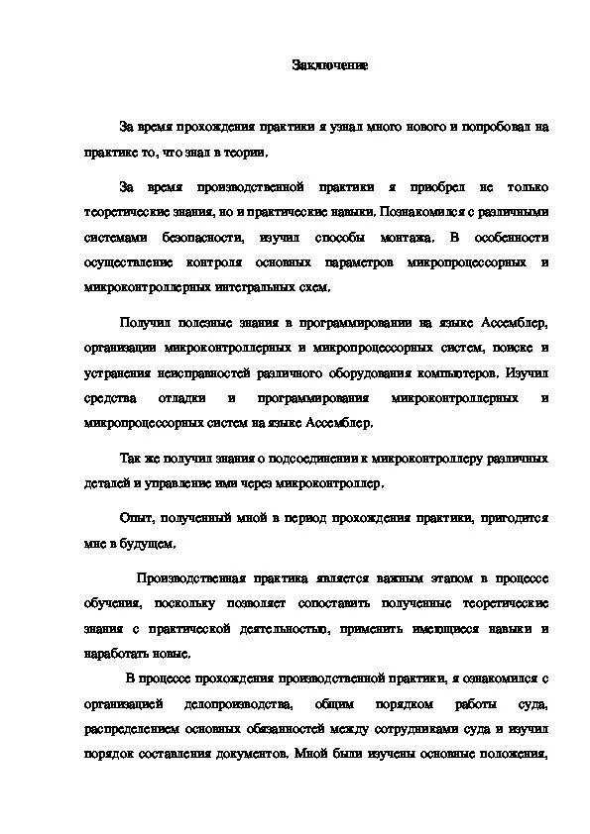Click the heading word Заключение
tap(330, 65)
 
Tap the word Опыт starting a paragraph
tap(135, 517)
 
